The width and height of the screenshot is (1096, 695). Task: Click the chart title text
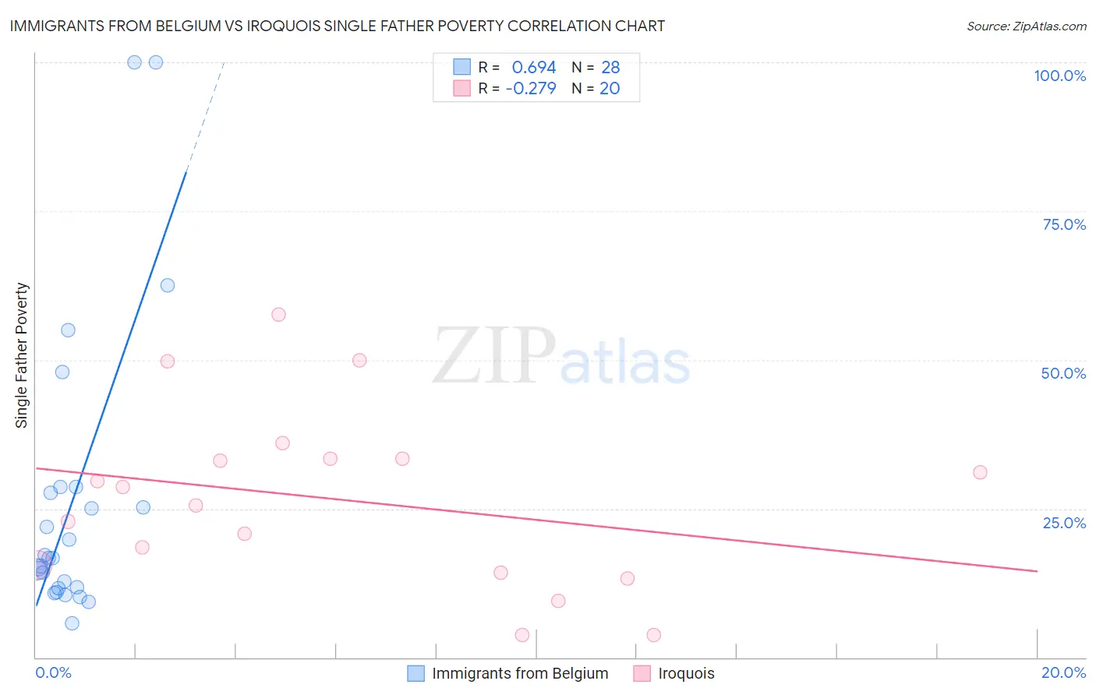[x=338, y=26]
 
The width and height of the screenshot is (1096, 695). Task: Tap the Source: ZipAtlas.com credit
[x=1026, y=26]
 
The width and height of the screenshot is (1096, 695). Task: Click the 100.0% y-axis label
[x=1059, y=76]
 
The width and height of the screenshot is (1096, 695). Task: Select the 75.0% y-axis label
[x=1064, y=224]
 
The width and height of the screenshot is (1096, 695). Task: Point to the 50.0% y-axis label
[x=1063, y=373]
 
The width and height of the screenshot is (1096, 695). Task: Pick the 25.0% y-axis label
[x=1064, y=523]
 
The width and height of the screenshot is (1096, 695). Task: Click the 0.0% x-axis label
[x=54, y=672]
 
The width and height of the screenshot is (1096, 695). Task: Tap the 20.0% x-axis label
[x=1063, y=672]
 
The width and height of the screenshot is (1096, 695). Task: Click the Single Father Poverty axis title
[x=22, y=355]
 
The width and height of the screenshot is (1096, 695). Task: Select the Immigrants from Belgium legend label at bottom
[x=520, y=673]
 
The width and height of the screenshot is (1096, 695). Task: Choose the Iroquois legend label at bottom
[x=686, y=673]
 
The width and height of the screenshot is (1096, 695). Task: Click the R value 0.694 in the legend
[x=534, y=68]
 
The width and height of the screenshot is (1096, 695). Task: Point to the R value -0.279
[x=531, y=89]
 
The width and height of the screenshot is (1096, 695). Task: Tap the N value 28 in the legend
[x=610, y=68]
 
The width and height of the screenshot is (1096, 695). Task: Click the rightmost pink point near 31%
[x=980, y=472]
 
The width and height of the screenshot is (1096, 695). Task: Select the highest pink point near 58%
[x=278, y=315]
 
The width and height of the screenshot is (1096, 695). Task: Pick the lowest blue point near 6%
[x=72, y=623]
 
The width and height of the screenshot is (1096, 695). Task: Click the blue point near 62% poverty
[x=168, y=285]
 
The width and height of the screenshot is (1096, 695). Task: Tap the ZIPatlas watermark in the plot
[x=561, y=357]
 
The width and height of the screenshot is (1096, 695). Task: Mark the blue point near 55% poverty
[x=68, y=330]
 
